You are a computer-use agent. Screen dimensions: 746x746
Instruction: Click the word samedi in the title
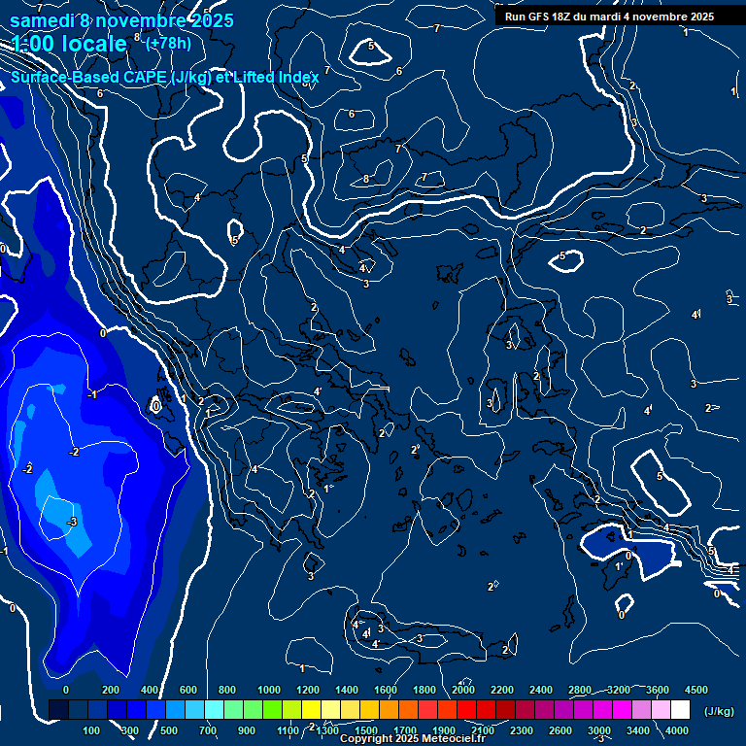(x=43, y=19)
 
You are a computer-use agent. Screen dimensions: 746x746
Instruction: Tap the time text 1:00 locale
(x=69, y=44)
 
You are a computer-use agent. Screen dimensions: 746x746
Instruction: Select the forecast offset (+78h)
(x=168, y=43)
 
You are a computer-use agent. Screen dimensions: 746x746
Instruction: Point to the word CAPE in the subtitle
(x=150, y=77)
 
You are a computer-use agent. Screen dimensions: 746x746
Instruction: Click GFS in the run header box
(x=540, y=17)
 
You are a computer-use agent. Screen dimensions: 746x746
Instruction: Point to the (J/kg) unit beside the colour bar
(x=718, y=712)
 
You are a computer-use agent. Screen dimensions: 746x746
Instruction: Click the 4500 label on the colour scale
(x=695, y=690)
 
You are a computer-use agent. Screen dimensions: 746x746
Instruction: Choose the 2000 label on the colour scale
(x=463, y=690)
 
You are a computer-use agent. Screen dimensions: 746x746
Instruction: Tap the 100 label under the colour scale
(x=92, y=730)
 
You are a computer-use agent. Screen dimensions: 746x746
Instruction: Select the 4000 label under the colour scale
(x=677, y=730)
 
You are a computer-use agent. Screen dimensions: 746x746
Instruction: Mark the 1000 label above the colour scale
(x=269, y=690)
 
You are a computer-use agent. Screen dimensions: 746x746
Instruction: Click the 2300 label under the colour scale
(x=522, y=730)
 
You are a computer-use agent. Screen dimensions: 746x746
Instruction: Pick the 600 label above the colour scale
(x=188, y=690)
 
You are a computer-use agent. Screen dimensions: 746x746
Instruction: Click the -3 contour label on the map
(x=72, y=523)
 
